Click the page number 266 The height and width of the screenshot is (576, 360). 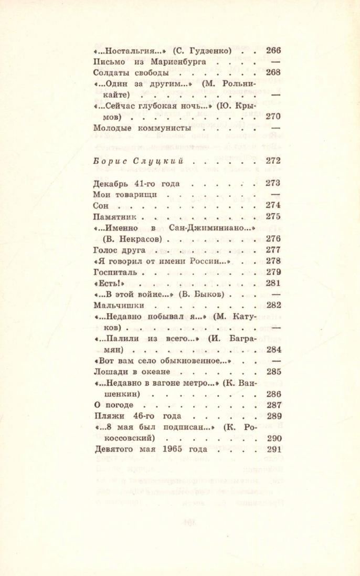[274, 51]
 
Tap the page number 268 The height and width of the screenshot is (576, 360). [274, 73]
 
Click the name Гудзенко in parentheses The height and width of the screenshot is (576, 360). [208, 51]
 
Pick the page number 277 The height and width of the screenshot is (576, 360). [274, 250]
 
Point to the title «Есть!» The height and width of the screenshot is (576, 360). [104, 284]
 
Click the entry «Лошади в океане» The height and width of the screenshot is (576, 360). [131, 372]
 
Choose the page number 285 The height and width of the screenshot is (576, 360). [274, 372]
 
